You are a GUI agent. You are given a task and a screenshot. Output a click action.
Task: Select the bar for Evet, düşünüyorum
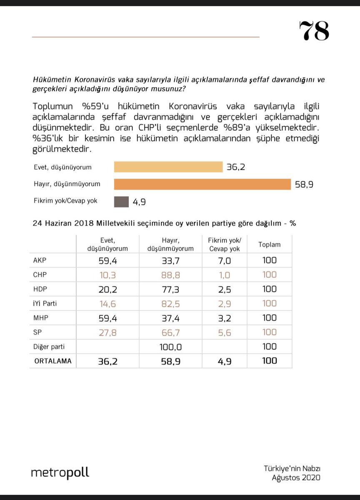(x=168, y=167)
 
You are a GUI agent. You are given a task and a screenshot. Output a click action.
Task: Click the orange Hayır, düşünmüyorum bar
(x=202, y=184)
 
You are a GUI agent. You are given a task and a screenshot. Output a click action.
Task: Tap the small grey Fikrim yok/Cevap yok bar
(x=121, y=202)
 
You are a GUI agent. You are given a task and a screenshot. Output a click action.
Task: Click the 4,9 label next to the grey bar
(x=140, y=202)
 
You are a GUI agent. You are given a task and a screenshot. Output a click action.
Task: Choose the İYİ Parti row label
(x=45, y=304)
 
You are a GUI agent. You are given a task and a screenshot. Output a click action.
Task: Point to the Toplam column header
(x=269, y=245)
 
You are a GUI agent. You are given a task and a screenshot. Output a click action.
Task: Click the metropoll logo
(x=60, y=473)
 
